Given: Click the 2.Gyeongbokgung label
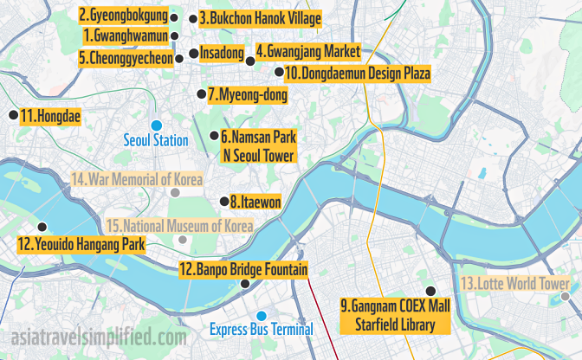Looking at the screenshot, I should (123, 16).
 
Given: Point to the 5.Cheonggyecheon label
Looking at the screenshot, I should (125, 58).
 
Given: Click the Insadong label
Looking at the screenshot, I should (222, 53).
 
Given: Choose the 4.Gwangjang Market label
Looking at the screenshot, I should (307, 51).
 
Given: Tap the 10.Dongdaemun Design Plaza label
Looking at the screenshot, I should (357, 74).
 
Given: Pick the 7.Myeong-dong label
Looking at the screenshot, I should (248, 94).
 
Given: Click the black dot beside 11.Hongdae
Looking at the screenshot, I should (12, 114).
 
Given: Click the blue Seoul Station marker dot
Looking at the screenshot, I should (157, 125).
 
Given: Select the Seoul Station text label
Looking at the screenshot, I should (156, 140).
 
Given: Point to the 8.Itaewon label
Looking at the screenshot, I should (255, 202).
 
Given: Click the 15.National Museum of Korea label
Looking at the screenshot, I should (178, 226).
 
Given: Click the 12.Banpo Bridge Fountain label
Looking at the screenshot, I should (242, 269).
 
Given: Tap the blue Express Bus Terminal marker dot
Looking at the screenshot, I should (262, 315).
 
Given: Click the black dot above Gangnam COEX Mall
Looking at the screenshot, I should (428, 292).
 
